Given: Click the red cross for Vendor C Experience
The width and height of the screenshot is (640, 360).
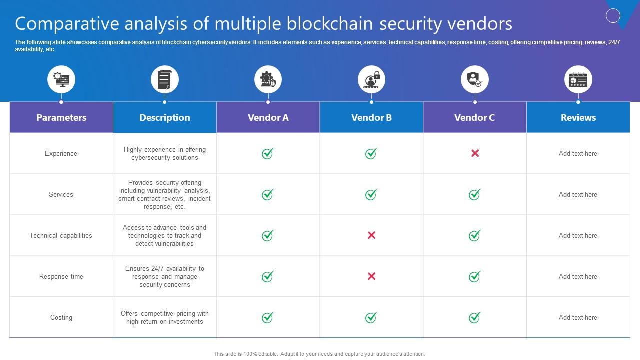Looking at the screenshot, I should pos(475,153).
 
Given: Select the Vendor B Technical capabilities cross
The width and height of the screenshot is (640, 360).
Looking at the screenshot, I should pos(371,235).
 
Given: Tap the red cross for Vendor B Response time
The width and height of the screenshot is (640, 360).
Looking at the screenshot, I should pos(371,276).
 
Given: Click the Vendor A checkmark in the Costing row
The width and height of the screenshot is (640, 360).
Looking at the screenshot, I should pos(268,317).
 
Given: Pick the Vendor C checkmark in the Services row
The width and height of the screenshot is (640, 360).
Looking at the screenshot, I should pos(474,194).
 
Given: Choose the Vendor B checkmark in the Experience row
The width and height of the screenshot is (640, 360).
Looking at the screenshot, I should pos(371,153).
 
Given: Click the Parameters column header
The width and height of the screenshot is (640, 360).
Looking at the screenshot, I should pos(61,117).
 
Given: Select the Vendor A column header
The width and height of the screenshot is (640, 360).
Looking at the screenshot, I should pos(268,117).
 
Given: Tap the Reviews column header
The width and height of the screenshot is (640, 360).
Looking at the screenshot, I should pos(578,117).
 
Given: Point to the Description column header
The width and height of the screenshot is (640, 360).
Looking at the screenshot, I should pos(164,117).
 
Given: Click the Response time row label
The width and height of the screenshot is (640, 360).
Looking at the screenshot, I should pos(61,276).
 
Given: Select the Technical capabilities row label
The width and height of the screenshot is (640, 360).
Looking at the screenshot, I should pos(61,235).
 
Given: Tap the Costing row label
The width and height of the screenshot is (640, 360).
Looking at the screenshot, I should pos(61,317).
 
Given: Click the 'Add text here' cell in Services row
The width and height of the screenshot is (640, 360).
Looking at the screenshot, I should pos(578,194).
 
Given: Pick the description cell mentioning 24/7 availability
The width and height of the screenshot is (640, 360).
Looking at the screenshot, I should pos(164,276).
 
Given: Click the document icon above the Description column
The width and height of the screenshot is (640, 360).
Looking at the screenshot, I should pos(164,79).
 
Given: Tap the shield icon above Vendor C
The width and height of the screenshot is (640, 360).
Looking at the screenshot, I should pos(474,79).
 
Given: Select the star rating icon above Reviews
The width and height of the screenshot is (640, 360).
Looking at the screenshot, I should pos(578,79).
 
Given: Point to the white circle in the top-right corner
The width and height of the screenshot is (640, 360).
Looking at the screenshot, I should pos(613,16).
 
